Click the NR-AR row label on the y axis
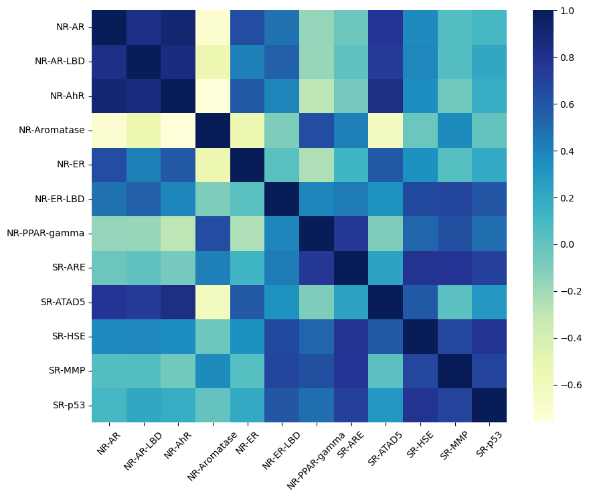tap(70, 27)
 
